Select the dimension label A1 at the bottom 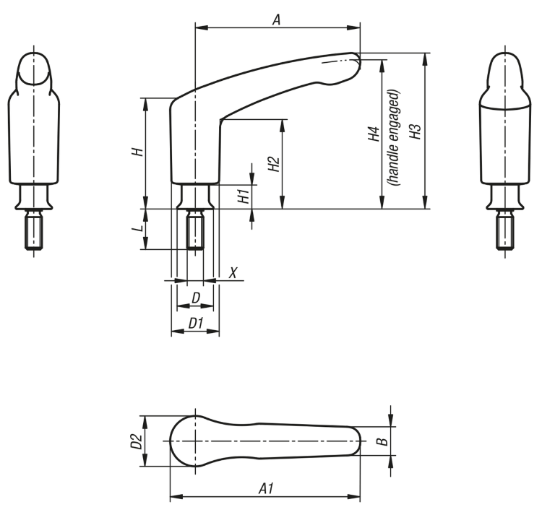(x=266, y=489)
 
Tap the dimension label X (x=233, y=272)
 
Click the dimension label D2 (x=134, y=441)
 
